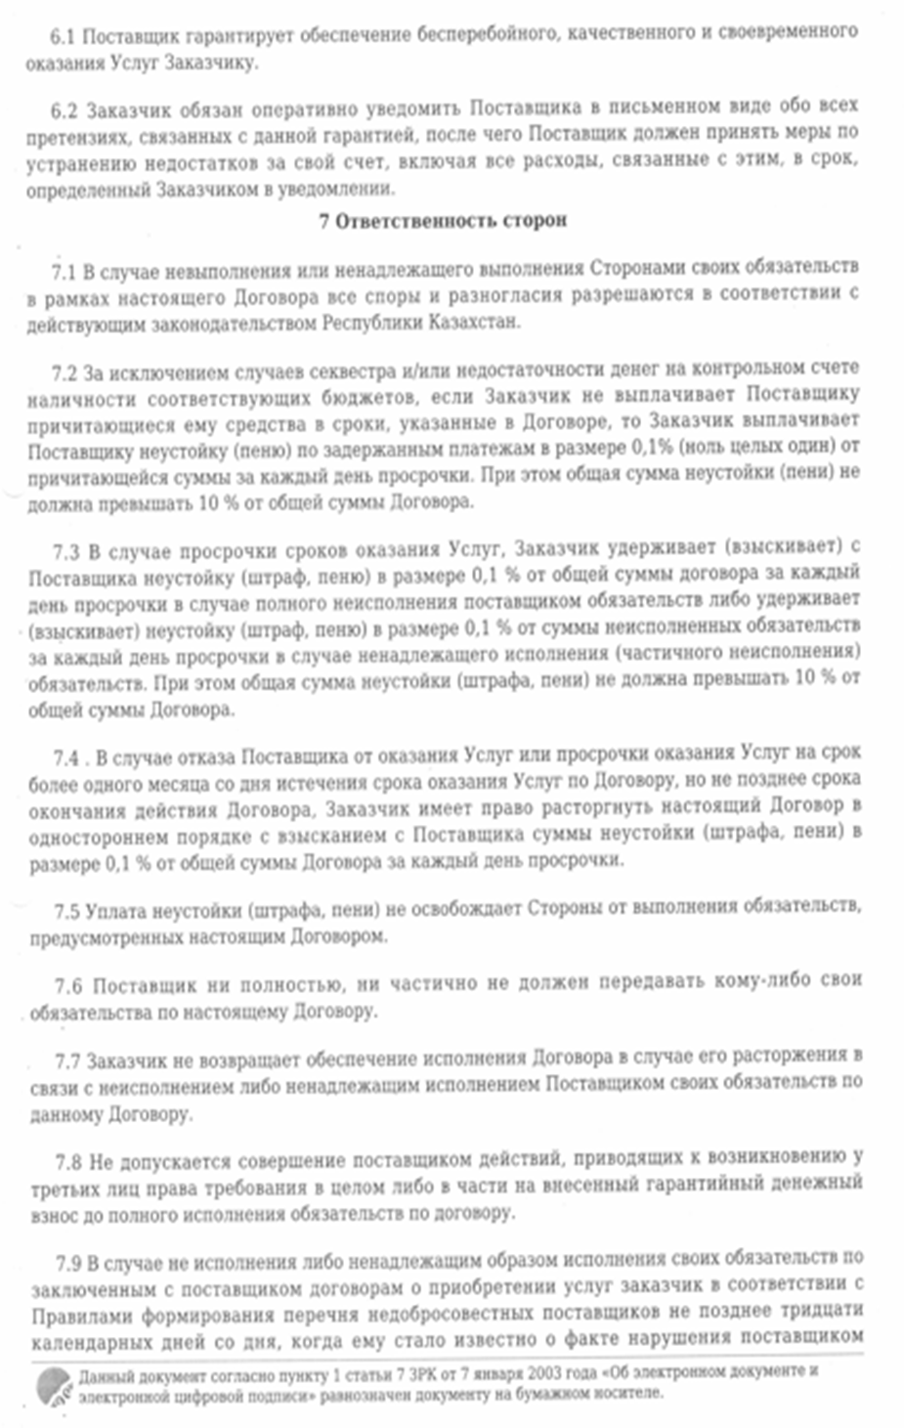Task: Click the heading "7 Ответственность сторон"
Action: point(443,221)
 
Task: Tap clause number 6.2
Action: point(65,108)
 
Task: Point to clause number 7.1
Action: point(64,270)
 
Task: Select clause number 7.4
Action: point(66,757)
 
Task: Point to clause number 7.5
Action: point(67,911)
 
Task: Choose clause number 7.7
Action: point(68,1060)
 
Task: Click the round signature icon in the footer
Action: point(54,1386)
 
